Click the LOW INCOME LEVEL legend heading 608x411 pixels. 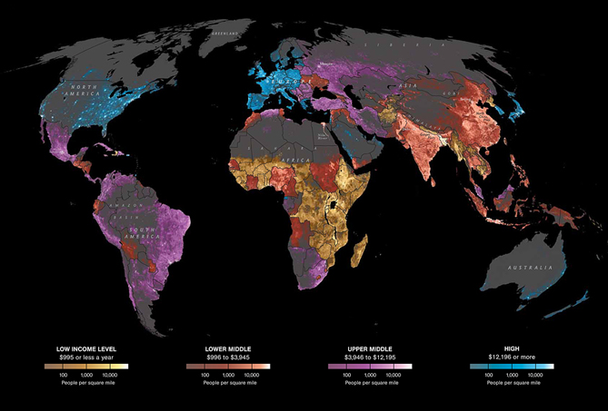coord(87,348)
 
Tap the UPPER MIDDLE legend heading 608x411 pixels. coord(370,348)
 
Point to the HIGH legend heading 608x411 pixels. coord(512,348)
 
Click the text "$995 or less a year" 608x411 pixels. coord(87,357)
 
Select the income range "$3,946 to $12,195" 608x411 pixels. coord(370,357)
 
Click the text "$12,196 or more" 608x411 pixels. coord(512,357)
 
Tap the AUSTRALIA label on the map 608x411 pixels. coord(531,268)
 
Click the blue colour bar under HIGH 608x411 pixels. coord(512,366)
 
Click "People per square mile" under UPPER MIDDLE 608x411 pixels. coord(370,384)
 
